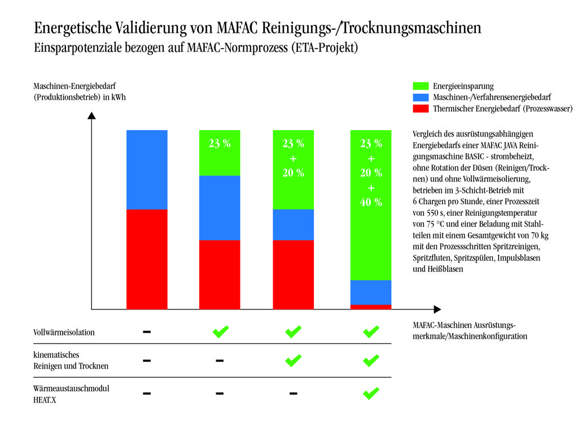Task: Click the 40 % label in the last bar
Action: click(371, 202)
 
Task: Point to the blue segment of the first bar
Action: click(147, 169)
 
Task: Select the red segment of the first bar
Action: click(147, 259)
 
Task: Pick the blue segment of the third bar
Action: click(293, 224)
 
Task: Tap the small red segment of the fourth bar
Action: click(371, 307)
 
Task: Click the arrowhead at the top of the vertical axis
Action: click(92, 116)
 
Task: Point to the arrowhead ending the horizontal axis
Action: click(437, 310)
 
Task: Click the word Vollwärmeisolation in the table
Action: click(64, 332)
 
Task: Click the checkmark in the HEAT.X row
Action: click(371, 392)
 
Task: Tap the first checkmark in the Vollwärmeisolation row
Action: click(220, 332)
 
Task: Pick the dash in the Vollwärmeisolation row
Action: click(147, 332)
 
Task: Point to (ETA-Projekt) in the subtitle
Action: click(324, 48)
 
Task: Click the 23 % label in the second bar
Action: click(220, 143)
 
